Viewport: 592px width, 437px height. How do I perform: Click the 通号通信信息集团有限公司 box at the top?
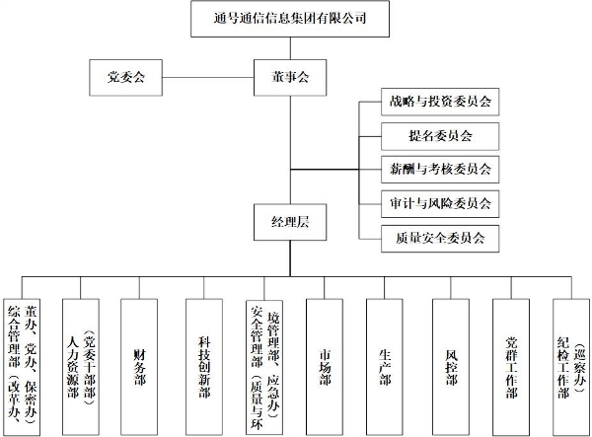[x=290, y=19]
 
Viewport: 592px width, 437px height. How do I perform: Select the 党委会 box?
[x=125, y=77]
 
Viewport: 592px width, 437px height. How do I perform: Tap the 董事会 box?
[x=290, y=77]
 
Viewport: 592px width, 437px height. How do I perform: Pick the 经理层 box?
[x=290, y=222]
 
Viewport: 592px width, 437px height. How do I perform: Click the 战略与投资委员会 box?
[x=440, y=102]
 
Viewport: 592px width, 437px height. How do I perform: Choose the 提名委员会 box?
[x=440, y=136]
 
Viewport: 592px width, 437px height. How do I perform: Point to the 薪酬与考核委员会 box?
[x=440, y=170]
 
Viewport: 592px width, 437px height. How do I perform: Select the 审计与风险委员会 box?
[x=440, y=204]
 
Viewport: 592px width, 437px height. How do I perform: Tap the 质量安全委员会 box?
[x=440, y=239]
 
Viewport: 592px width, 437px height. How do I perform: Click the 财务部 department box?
[x=139, y=367]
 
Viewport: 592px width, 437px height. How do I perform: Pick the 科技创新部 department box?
[x=204, y=367]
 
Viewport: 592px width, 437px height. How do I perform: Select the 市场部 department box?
[x=325, y=367]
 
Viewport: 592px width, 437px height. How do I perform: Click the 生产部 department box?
[x=385, y=367]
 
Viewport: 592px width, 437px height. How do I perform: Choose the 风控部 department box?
[x=451, y=367]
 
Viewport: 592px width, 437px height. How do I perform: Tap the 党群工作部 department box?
[x=511, y=367]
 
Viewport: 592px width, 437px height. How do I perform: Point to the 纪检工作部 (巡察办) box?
[x=571, y=367]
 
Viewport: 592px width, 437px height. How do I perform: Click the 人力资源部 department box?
[x=81, y=367]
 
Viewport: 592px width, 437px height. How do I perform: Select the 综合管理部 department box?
[x=22, y=367]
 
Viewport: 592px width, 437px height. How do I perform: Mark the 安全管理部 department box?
[x=264, y=368]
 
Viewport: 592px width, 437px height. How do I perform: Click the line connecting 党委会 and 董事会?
[x=208, y=78]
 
